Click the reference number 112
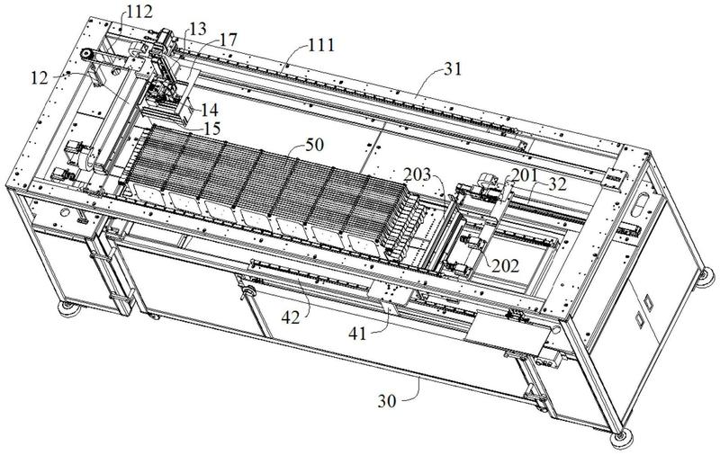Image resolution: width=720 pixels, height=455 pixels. click(139, 12)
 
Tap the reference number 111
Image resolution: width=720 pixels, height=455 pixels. click(321, 45)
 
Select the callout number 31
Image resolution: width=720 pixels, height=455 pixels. click(453, 69)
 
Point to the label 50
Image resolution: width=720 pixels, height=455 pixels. click(314, 145)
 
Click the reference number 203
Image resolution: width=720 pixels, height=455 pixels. click(418, 174)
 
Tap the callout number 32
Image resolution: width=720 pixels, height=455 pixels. click(557, 184)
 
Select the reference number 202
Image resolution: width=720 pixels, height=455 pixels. click(505, 265)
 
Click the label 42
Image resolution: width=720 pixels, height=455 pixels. click(291, 317)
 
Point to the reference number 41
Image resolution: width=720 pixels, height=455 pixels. click(357, 334)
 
